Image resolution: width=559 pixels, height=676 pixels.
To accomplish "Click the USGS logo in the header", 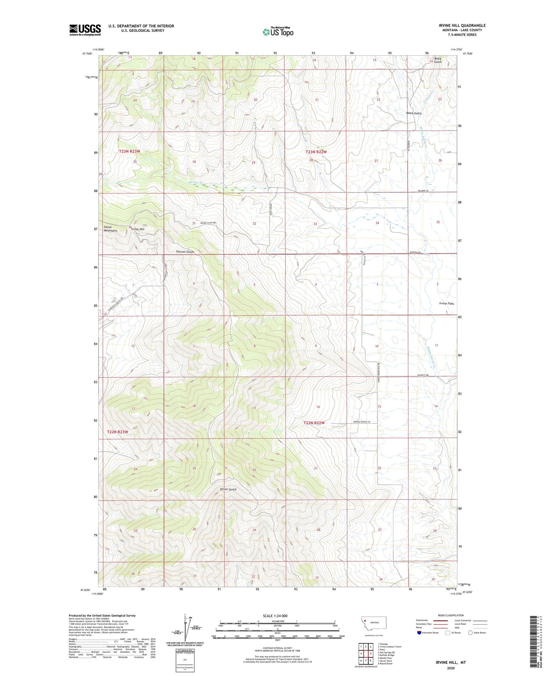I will [85, 30].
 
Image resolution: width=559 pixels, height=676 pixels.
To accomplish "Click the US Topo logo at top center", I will [278, 32].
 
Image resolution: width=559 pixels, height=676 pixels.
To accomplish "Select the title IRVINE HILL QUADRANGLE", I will [462, 26].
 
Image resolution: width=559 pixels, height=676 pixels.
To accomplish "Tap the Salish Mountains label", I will [110, 229].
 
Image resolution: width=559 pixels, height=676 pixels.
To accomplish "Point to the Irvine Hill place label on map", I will [138, 229].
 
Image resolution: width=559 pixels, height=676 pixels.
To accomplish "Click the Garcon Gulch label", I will [185, 252].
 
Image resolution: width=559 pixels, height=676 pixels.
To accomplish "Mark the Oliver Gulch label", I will [228, 489].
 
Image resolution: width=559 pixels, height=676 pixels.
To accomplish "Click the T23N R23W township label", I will [129, 151].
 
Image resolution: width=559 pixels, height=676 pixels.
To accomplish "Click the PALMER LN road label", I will [423, 191].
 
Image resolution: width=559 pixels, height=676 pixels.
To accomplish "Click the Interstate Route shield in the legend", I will [419, 633].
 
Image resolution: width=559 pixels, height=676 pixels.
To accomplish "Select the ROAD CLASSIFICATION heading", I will [451, 615].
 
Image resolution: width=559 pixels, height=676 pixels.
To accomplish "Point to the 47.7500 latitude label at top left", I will [87, 54].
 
